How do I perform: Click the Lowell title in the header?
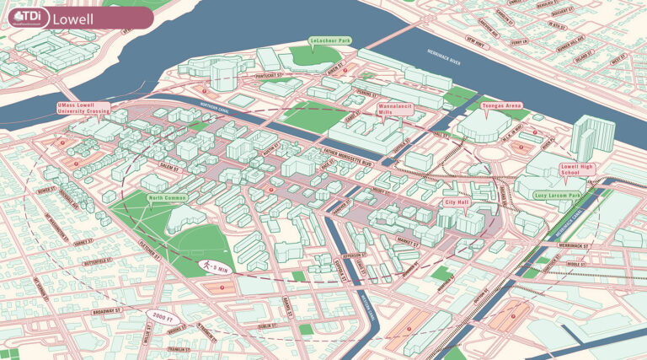(x=74, y=18)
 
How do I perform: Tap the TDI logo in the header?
(x=26, y=17)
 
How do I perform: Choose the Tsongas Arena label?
(x=501, y=106)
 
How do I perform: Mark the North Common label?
(x=166, y=199)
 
